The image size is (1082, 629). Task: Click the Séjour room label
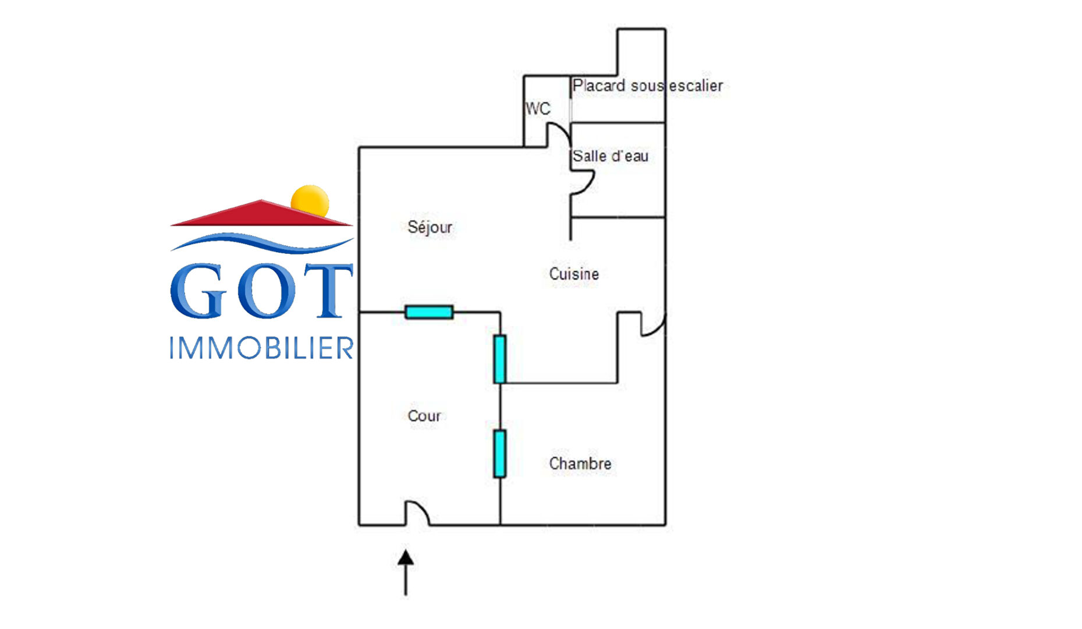tap(430, 227)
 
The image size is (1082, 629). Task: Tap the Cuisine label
tap(574, 274)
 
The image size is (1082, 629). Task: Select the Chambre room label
tap(580, 464)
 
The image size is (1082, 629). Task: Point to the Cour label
tap(424, 416)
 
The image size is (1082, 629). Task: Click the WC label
tap(537, 109)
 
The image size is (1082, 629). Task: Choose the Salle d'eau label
tap(610, 156)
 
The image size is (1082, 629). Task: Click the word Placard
tap(599, 86)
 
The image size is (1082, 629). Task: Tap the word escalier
tap(696, 86)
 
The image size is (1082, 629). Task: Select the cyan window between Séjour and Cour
tap(429, 312)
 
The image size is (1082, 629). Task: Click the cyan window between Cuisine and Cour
tap(499, 359)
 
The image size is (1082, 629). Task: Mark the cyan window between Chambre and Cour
tap(499, 454)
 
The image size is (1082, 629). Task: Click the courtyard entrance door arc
tap(418, 513)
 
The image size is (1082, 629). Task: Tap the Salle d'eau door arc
tap(583, 182)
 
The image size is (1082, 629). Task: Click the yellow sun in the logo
tap(310, 200)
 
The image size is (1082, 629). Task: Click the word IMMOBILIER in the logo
tap(261, 348)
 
